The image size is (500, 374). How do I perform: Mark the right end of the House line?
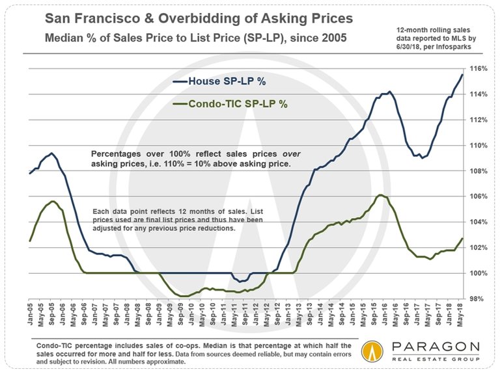click(463, 75)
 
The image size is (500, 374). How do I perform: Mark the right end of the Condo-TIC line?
click(463, 239)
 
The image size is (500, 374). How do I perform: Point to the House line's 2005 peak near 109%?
click(51, 154)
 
